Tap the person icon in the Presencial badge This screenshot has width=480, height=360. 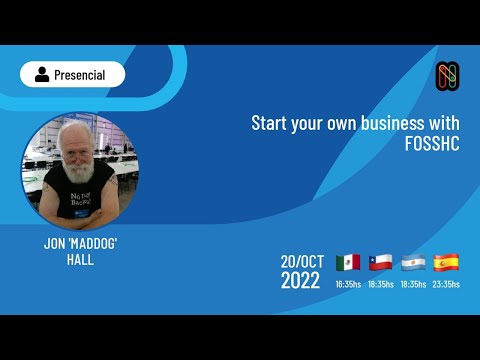pos(42,74)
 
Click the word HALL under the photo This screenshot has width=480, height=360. pos(79,258)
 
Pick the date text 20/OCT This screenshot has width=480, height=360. pos(301,261)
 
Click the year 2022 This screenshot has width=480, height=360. pos(300,281)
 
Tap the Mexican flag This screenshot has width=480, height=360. pos(348,263)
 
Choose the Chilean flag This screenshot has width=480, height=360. pos(381,263)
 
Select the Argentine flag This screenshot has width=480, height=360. pos(413,263)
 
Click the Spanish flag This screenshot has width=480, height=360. pos(446,263)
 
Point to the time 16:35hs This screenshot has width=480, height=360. pos(348,284)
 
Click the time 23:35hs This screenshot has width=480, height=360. pos(446,284)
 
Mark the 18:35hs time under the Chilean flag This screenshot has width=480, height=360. pos(381,284)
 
